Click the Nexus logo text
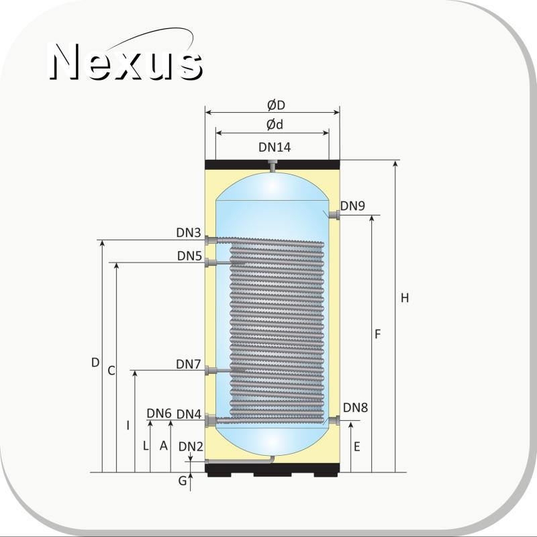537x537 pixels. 126,62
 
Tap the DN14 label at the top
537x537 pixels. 275,147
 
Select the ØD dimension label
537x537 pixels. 276,105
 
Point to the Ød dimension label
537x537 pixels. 275,125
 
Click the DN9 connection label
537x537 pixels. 353,206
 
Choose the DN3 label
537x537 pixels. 189,232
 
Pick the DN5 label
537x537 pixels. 189,256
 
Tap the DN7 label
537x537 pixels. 189,364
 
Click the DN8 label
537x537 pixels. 356,407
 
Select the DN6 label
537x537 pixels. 159,413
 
